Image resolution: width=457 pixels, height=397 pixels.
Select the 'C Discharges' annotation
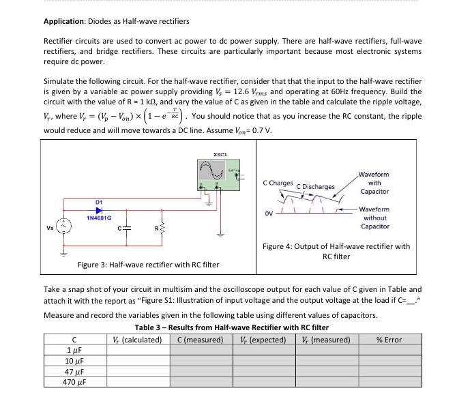click(x=317, y=186)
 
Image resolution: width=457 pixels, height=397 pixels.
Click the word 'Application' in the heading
click(x=64, y=20)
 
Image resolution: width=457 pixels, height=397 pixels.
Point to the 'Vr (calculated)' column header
click(x=136, y=339)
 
